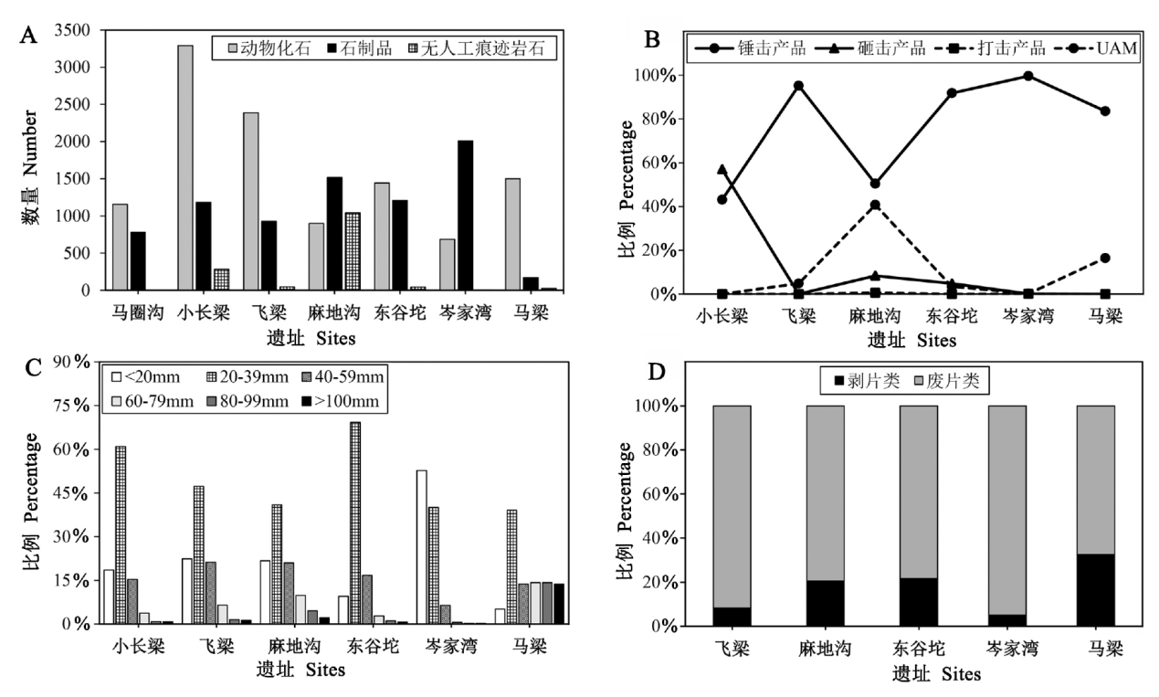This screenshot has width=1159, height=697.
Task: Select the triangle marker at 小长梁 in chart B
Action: click(x=697, y=169)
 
